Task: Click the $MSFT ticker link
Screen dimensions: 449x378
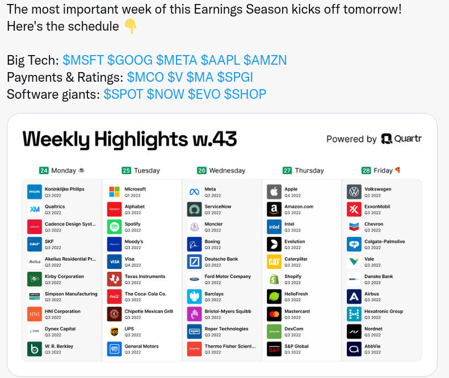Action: (83, 60)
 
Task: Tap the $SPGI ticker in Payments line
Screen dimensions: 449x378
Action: (235, 77)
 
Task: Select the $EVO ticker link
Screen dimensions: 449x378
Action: (204, 94)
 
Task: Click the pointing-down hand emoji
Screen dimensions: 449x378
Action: (131, 26)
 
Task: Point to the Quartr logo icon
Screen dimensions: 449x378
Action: (387, 139)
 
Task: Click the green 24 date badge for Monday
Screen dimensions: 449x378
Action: (44, 171)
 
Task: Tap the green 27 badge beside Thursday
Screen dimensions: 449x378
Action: (287, 171)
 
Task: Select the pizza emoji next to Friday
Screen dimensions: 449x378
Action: (397, 170)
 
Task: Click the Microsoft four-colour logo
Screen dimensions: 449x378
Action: (114, 192)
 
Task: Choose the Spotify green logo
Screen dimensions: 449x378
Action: (114, 227)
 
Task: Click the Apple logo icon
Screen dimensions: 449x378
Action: (274, 192)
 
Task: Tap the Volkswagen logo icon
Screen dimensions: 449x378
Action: (354, 192)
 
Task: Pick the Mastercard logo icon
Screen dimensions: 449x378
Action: (274, 314)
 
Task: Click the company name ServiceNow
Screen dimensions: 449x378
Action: (217, 207)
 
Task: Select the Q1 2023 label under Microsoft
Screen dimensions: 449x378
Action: (133, 196)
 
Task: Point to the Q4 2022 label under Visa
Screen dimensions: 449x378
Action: (133, 265)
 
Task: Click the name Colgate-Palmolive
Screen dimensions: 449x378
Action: (384, 241)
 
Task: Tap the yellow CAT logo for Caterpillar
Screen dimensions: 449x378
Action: (274, 262)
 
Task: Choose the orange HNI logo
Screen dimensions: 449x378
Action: (35, 314)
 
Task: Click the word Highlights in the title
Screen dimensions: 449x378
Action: (141, 140)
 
